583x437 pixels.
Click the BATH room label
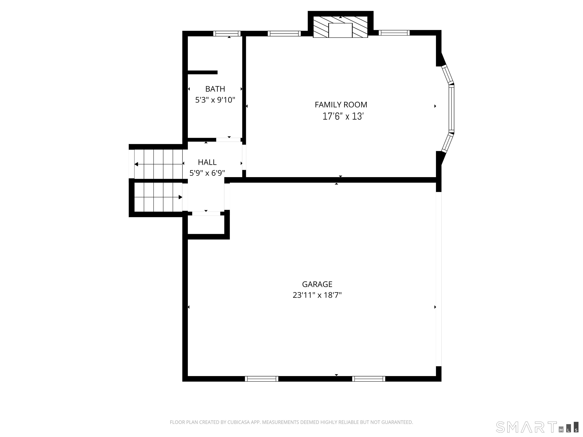point(215,89)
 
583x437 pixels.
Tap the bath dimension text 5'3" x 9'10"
point(215,100)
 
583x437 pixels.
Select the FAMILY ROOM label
point(341,105)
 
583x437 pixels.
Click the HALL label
point(207,162)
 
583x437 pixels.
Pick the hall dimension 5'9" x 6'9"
point(207,173)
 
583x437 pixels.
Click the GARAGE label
point(317,284)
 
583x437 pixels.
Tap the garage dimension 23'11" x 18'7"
point(317,295)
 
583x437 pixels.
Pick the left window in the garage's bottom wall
point(262,379)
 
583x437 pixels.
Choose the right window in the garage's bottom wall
point(369,379)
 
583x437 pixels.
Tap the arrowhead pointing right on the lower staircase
point(180,197)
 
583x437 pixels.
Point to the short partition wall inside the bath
point(202,72)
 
